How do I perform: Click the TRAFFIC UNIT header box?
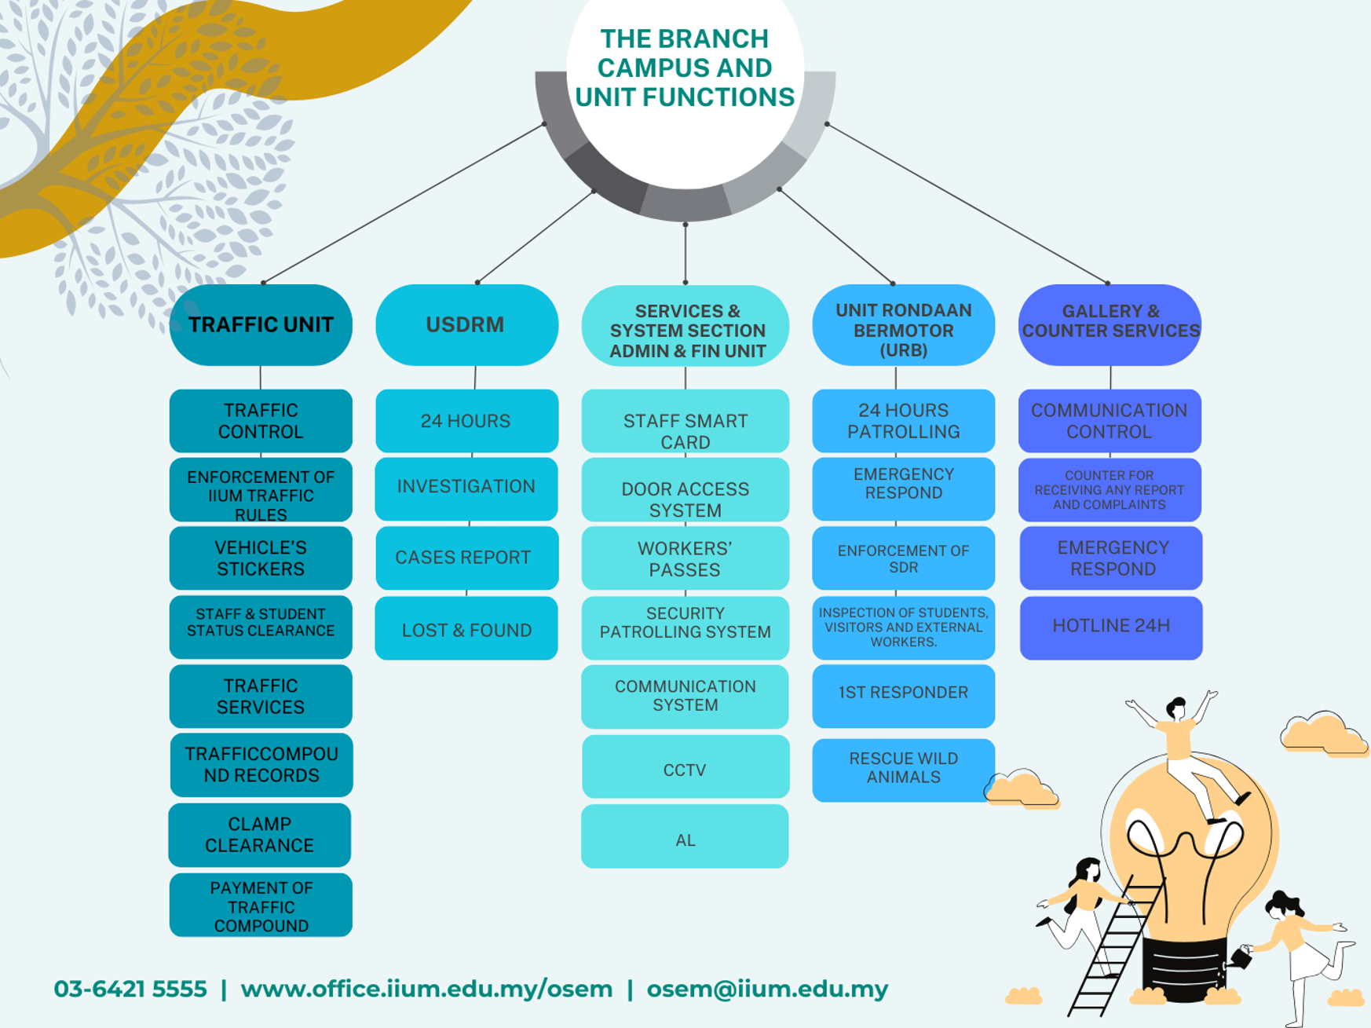click(261, 324)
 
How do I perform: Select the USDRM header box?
click(467, 324)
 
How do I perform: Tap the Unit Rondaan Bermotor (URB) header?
click(904, 324)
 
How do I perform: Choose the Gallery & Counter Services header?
click(1110, 324)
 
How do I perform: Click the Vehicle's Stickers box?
click(261, 558)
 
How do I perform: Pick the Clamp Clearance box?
click(260, 835)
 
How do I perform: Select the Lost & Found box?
click(466, 628)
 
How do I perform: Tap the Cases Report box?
click(467, 558)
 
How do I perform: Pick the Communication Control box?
click(1110, 421)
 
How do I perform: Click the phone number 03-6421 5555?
click(130, 989)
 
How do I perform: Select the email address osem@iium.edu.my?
click(767, 989)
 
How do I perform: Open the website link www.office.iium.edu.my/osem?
click(426, 990)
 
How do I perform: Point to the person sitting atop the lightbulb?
click(1186, 754)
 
